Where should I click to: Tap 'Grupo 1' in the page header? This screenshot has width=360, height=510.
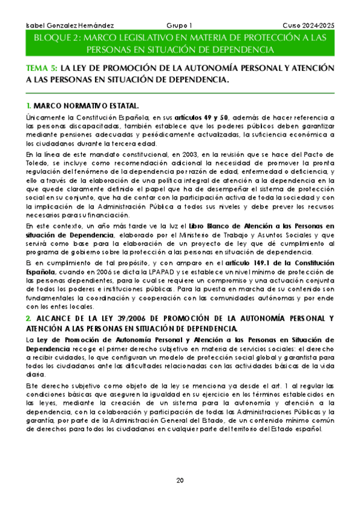[x=179, y=26]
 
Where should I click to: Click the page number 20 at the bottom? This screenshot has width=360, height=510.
[x=180, y=480]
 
